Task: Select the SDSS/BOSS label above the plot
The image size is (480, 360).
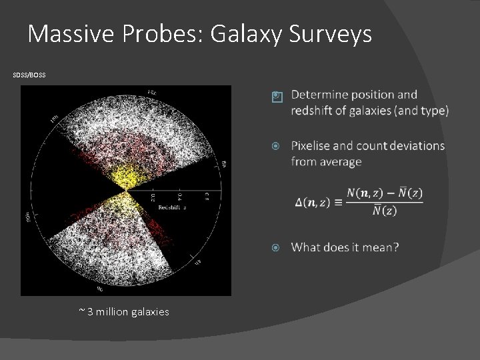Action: [x=29, y=75]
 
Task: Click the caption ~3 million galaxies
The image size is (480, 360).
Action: [x=123, y=311]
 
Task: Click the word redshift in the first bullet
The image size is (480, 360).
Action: [x=315, y=111]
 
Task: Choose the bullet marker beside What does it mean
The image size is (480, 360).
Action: [x=277, y=248]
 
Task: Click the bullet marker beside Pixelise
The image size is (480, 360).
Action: [x=277, y=146]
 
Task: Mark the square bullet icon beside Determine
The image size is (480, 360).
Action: [x=277, y=97]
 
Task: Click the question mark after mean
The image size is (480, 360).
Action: [x=396, y=248]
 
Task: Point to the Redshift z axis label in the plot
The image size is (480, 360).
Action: [x=171, y=208]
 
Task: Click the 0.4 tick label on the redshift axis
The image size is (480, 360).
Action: [x=179, y=197]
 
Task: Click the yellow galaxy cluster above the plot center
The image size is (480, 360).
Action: [x=125, y=177]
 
